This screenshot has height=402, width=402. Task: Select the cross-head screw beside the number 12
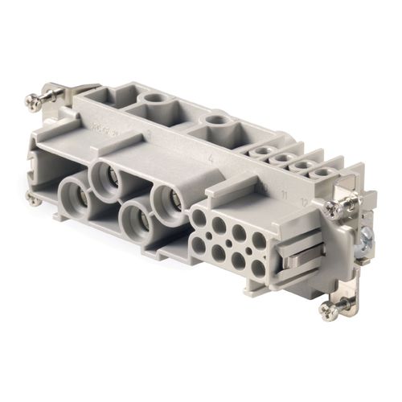(x=334, y=208)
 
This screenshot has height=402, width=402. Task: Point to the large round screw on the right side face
(x=367, y=237)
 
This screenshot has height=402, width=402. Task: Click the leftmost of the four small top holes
(x=261, y=150)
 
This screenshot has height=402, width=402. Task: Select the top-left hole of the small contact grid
(x=199, y=217)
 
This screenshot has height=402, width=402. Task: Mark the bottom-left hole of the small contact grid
(x=199, y=244)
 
